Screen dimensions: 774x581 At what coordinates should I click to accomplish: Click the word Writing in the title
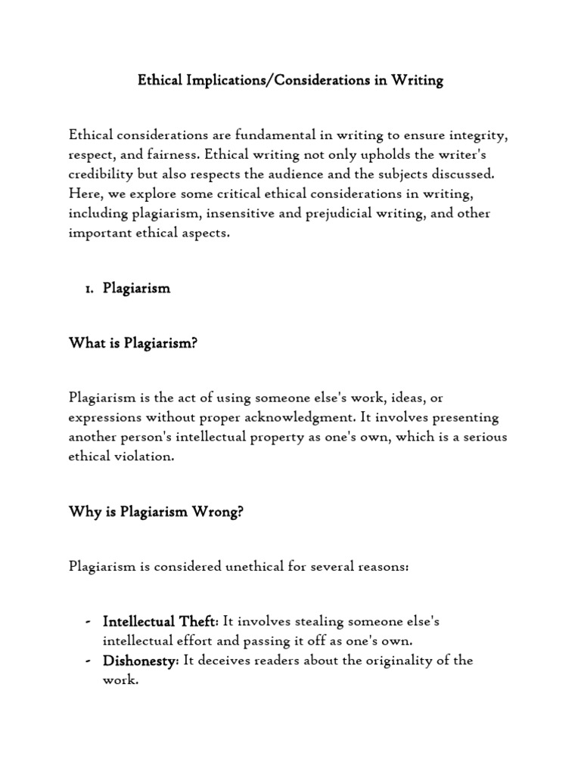pyautogui.click(x=417, y=81)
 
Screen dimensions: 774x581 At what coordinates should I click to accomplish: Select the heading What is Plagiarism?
pyautogui.click(x=132, y=343)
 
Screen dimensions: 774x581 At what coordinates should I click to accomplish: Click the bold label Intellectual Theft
pyautogui.click(x=159, y=621)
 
